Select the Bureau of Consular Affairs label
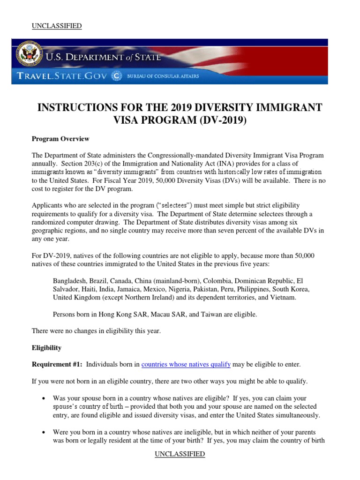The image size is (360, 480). (162, 76)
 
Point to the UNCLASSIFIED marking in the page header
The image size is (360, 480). (57, 26)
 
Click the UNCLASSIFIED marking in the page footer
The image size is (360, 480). (180, 454)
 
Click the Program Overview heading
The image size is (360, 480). (60, 139)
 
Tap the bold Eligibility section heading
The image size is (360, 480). (46, 348)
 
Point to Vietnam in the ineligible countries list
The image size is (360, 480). (284, 298)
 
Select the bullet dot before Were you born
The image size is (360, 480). (44, 432)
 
